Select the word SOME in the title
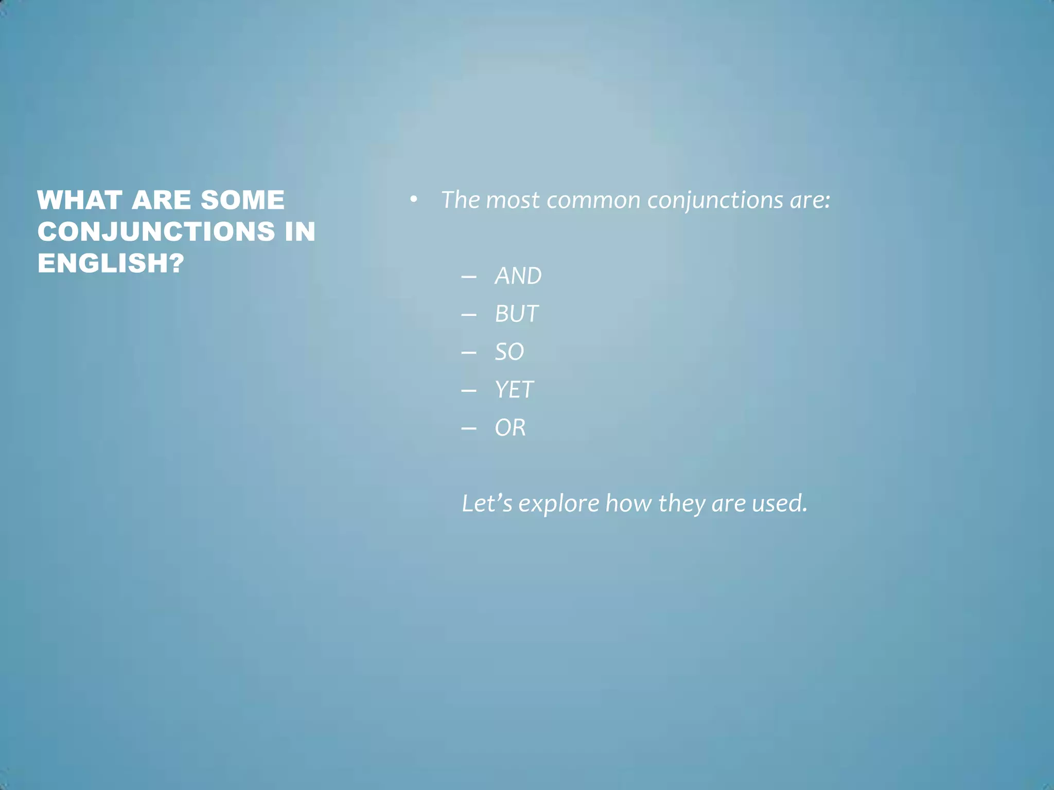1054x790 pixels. tap(242, 200)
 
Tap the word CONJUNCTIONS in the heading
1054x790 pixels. tap(156, 231)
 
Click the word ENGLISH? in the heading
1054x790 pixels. tap(111, 263)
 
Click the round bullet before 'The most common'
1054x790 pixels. tap(413, 200)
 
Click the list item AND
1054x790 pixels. tap(518, 276)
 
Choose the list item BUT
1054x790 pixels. tap(517, 314)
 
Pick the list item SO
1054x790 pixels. tap(509, 352)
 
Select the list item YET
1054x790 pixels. tap(514, 390)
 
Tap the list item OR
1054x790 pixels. tap(510, 428)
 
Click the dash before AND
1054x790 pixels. tap(469, 277)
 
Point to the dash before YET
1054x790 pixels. tap(469, 390)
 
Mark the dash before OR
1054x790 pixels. tap(469, 428)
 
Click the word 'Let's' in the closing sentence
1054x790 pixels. tap(487, 503)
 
